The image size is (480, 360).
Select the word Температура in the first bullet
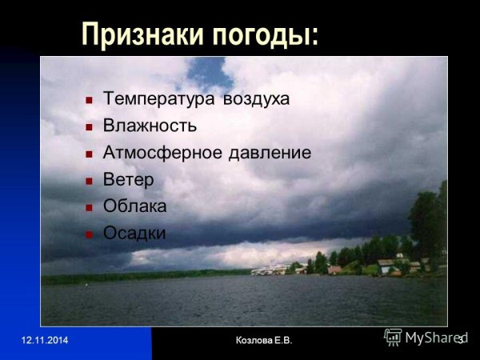point(157,100)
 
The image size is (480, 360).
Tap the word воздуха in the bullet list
point(254,100)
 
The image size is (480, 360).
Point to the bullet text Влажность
point(150,126)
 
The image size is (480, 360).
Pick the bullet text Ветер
point(128,179)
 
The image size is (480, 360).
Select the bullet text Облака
point(134,206)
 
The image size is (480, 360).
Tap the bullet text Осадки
point(134,233)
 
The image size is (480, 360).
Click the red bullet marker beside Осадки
point(89,234)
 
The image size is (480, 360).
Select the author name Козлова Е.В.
point(264,341)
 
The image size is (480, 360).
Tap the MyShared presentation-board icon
point(393,337)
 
